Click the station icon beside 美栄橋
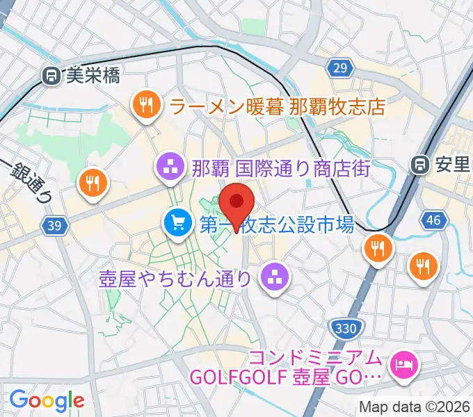click(51, 76)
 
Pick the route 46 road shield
click(433, 221)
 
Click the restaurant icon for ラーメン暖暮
click(145, 106)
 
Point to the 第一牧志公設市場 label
click(277, 224)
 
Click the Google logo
click(47, 400)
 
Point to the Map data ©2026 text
click(415, 407)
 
